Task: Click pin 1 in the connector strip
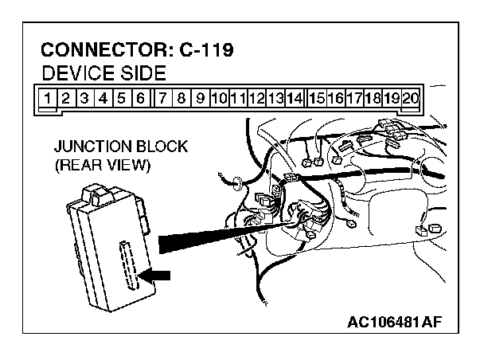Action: [49, 99]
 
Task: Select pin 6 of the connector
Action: [139, 99]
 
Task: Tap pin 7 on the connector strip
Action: [163, 99]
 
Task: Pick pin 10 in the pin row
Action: [220, 99]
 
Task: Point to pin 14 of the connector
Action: [294, 99]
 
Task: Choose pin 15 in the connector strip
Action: [317, 99]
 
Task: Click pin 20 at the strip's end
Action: [411, 99]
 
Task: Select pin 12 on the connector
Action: [256, 99]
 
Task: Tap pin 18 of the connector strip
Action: [373, 99]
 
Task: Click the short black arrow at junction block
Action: [155, 275]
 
